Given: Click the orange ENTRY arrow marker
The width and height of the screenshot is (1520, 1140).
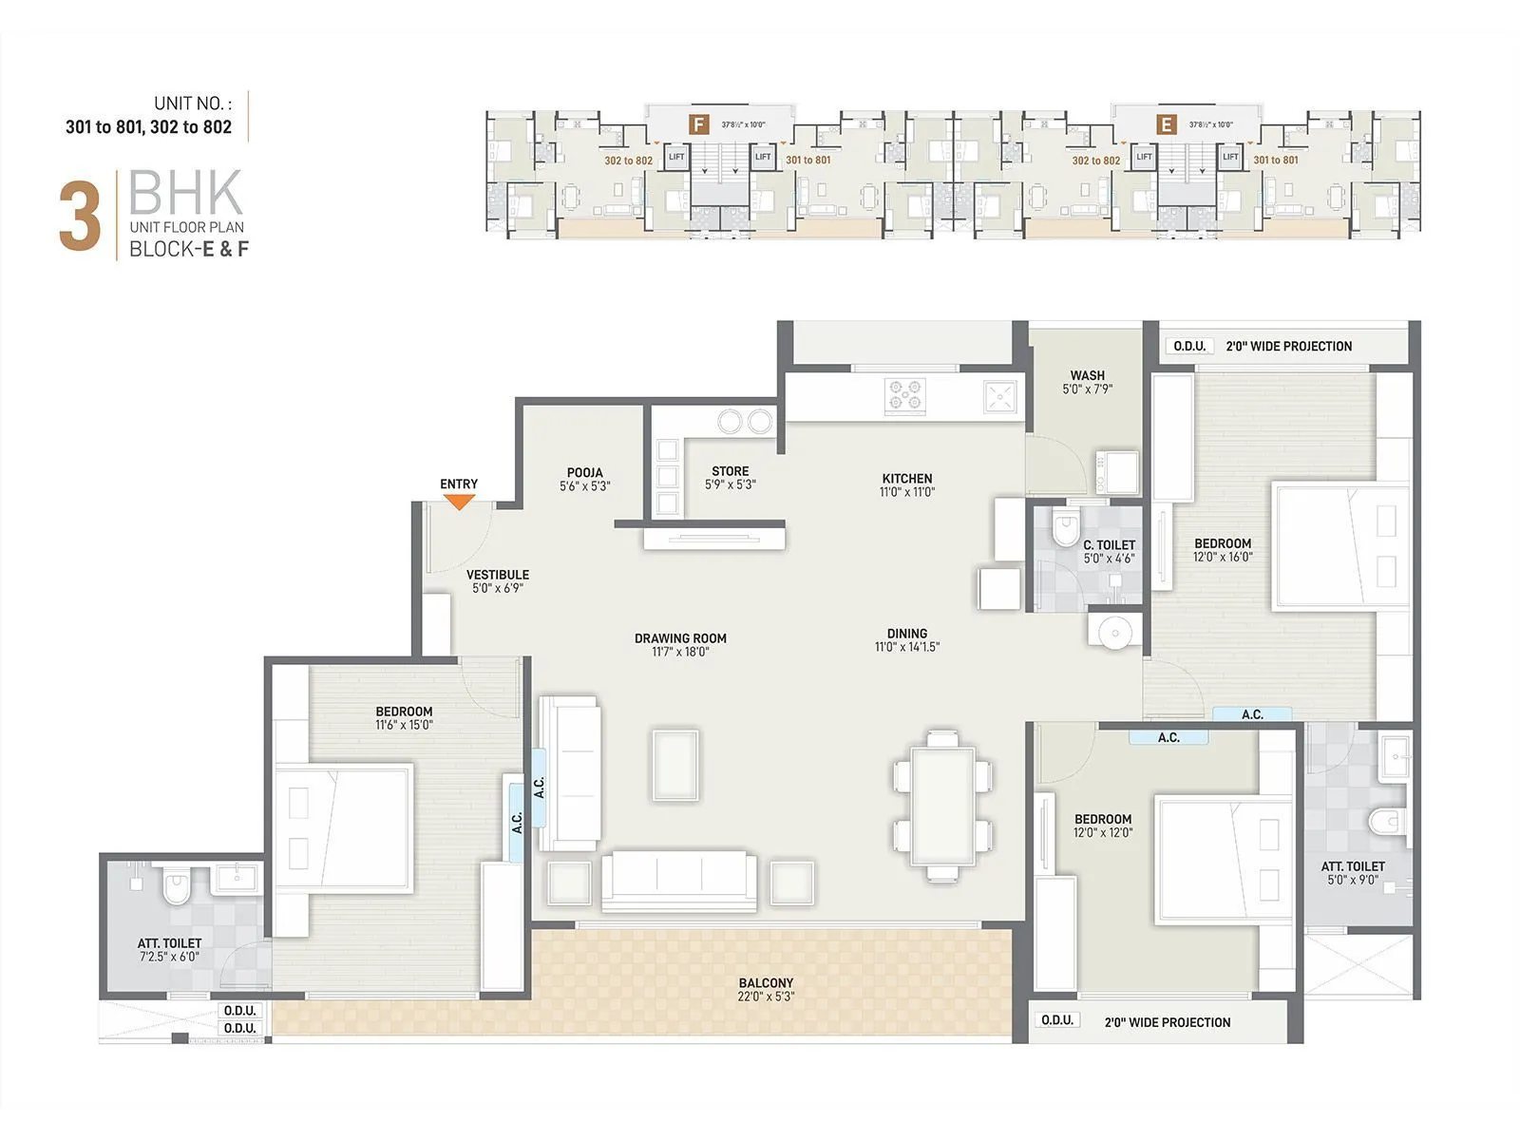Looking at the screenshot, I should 459,502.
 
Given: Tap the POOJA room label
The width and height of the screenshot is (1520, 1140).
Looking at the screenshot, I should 584,472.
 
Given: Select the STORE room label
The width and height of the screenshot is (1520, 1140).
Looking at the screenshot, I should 730,471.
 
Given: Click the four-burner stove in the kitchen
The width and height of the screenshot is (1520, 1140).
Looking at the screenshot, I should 905,396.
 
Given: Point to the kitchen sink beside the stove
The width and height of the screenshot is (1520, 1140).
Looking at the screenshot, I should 1000,396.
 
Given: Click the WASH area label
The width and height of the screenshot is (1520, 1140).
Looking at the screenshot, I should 1087,375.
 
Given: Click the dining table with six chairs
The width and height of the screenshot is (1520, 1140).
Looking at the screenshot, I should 942,806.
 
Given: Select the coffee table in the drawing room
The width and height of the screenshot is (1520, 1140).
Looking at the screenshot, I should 675,766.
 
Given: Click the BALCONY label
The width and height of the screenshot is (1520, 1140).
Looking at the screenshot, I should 766,983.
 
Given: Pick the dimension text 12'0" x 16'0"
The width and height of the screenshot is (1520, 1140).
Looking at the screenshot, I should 1223,558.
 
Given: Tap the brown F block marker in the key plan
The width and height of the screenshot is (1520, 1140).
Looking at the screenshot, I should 699,124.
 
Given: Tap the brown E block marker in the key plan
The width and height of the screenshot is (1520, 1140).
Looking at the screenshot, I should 1167,124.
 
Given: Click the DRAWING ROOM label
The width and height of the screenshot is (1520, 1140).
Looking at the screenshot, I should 680,638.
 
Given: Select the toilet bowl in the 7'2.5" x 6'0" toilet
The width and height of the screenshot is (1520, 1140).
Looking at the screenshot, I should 176,889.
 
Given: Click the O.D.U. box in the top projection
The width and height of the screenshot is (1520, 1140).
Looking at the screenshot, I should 1189,347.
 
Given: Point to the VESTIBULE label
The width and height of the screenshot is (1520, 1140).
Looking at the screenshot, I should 497,575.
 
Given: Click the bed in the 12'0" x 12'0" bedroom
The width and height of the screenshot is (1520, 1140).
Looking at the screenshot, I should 1224,861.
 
